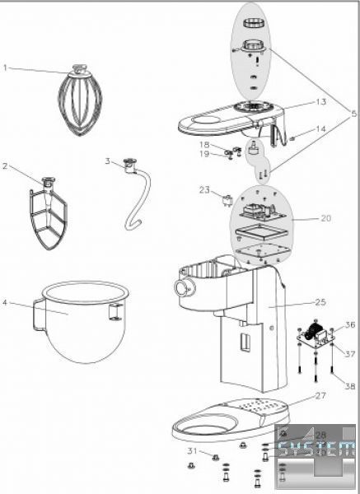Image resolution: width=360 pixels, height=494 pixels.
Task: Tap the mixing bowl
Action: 82,321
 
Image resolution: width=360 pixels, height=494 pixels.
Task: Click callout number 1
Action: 5,68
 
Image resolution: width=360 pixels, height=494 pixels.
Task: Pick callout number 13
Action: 321,102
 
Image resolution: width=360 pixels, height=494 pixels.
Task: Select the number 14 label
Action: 321,129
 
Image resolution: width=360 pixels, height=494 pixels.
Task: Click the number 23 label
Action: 204,190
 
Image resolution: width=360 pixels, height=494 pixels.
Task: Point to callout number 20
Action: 326,218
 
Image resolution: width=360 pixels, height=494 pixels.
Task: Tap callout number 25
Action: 320,302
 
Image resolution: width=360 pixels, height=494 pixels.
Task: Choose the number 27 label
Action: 320,395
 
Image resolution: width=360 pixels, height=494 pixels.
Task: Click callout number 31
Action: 192,451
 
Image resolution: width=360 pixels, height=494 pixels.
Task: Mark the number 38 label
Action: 350,386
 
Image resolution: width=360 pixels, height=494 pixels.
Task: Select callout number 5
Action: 354,113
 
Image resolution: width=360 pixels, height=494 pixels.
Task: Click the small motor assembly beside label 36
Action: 316,337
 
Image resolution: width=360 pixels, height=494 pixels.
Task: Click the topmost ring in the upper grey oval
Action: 253,24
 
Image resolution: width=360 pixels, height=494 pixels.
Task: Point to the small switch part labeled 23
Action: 227,200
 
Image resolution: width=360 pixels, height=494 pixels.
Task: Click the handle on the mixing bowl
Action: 40,315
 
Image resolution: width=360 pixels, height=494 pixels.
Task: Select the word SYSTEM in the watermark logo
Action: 316,449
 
